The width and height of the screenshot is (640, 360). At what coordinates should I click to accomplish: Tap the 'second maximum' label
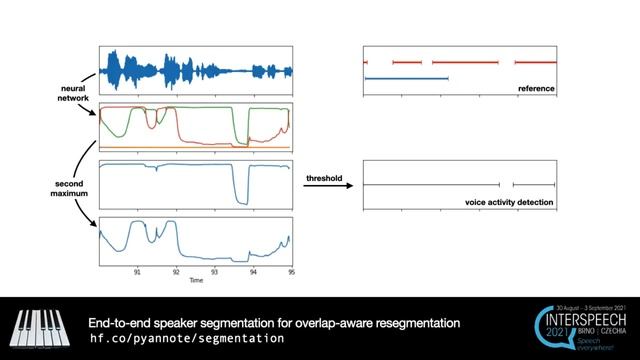72,187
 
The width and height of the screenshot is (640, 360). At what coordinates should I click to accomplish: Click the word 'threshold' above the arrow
324,178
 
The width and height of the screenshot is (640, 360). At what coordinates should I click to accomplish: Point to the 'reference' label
536,89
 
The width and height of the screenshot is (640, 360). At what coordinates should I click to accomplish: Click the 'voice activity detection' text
509,203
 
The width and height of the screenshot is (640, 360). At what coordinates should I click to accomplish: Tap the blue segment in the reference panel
406,77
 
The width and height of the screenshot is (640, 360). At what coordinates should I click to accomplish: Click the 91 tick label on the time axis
137,271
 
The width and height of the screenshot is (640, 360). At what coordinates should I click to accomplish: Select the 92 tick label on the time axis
176,271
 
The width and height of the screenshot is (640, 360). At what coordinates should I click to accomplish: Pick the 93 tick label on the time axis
214,271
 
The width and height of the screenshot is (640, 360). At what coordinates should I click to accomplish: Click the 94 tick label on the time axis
253,271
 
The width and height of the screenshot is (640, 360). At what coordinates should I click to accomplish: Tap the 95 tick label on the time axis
291,271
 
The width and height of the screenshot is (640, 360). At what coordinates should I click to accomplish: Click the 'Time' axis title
196,281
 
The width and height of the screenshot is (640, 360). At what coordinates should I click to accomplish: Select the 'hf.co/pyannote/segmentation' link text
187,339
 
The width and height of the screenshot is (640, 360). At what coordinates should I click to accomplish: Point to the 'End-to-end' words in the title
123,323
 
